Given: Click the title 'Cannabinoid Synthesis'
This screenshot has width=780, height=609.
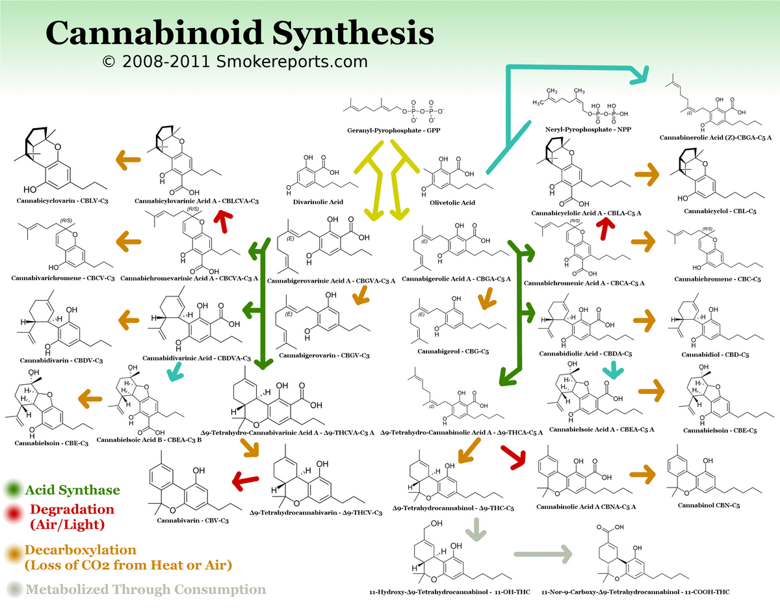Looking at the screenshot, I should pos(239,32).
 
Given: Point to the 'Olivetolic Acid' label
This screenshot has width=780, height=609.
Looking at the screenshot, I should pos(452,202).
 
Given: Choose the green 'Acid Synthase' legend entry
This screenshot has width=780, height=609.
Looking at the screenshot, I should pos(72,490).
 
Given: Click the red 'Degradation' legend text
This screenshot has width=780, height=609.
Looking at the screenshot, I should pos(71,510).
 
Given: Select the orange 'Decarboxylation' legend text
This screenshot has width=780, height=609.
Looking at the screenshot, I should pos(81,550).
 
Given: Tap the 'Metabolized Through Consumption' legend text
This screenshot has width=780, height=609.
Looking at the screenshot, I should pos(146,590).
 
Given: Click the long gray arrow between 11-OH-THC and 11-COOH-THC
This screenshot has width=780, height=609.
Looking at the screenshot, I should pos(542,554).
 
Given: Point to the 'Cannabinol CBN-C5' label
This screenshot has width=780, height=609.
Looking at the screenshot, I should pos(708,505).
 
